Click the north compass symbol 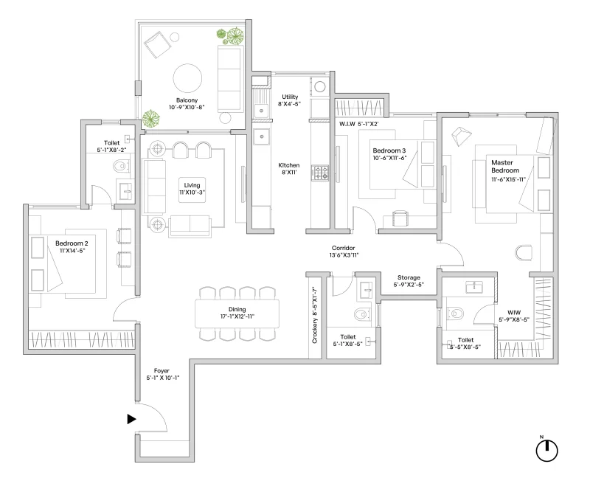546,450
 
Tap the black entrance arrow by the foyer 132,419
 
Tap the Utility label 288,97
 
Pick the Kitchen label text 288,166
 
